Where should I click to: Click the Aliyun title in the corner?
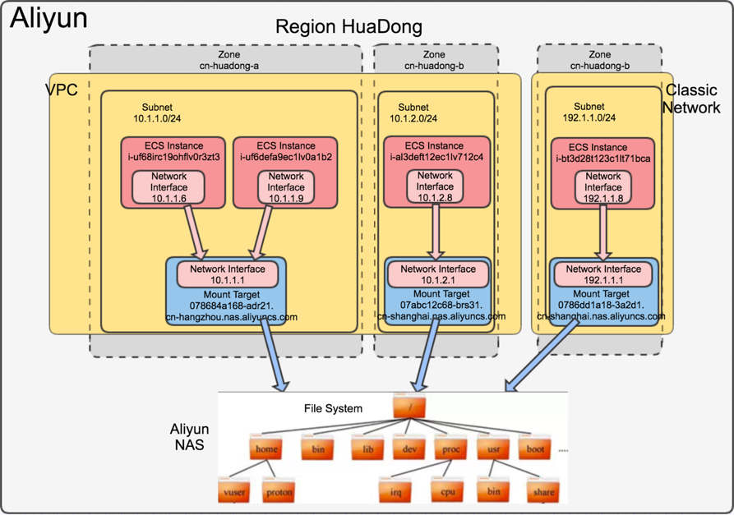point(48,19)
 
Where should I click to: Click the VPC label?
point(62,90)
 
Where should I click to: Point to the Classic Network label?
point(692,99)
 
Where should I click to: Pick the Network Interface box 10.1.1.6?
point(168,187)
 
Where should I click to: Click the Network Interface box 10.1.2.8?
point(435,186)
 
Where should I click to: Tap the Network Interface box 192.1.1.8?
point(603,186)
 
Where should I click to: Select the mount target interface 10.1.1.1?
point(227,274)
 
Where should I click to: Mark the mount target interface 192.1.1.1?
point(603,274)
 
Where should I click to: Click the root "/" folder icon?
point(406,407)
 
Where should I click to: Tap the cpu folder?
point(447,490)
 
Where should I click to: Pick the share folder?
point(542,490)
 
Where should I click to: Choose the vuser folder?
point(233,490)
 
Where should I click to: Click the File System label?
point(332,407)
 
